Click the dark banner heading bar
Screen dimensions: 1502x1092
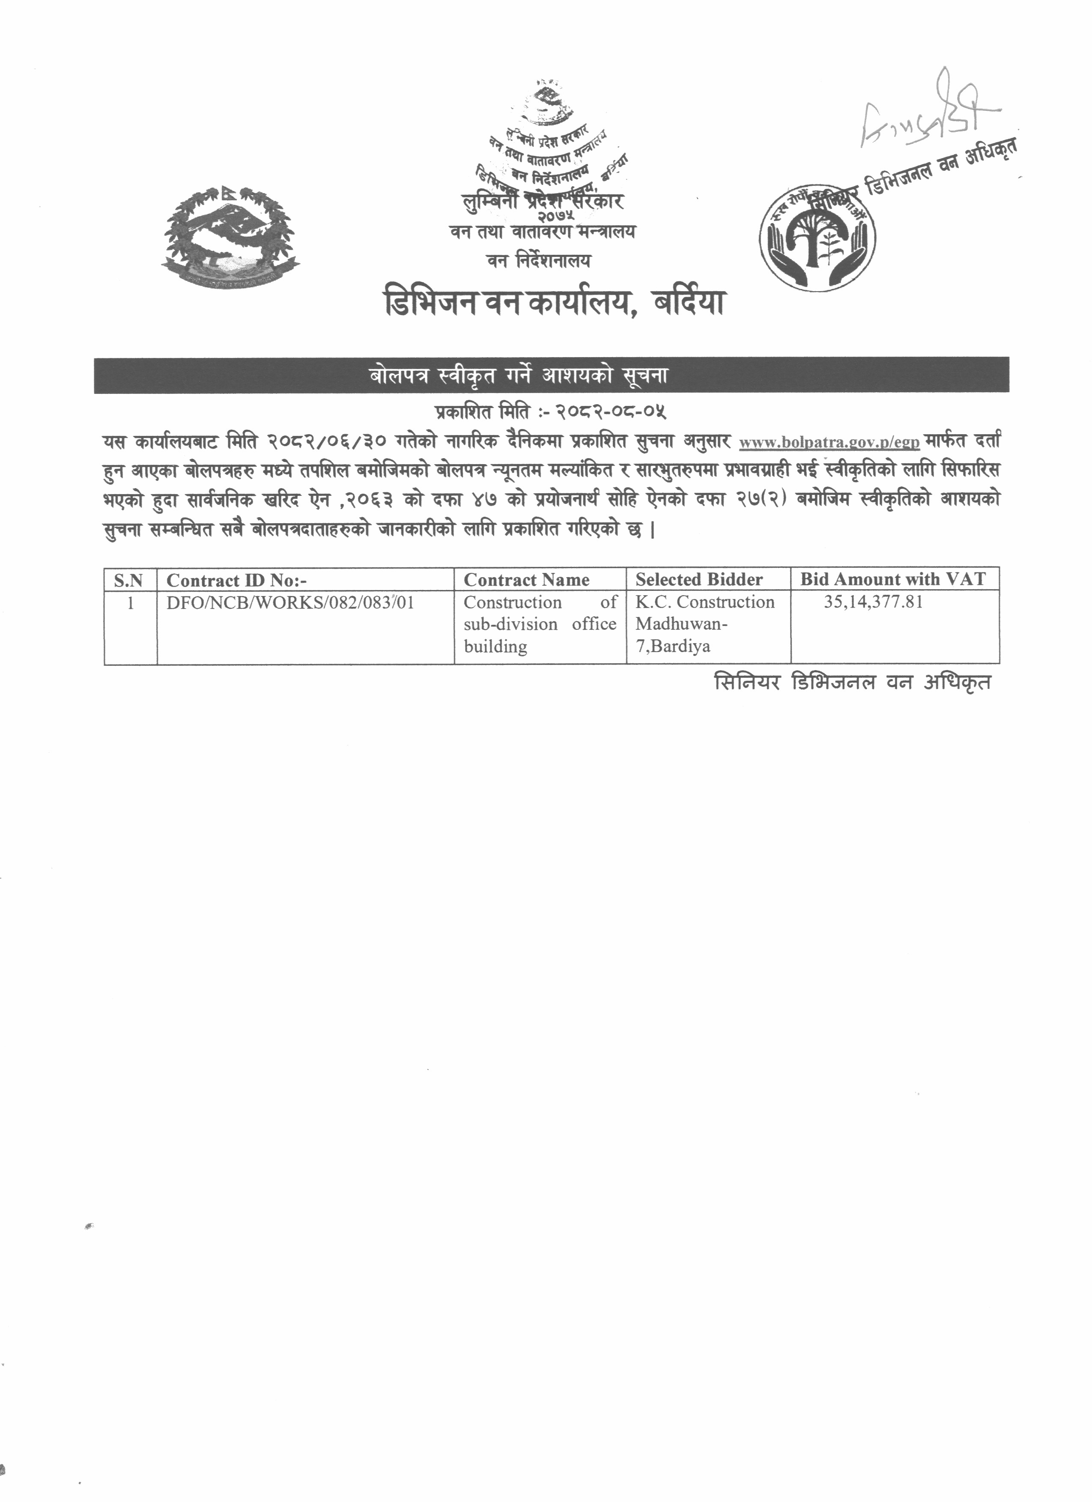551,375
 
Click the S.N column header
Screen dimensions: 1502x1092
129,580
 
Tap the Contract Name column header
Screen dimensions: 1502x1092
526,580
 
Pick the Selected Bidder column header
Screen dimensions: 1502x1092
698,580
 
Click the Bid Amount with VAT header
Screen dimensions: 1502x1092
893,579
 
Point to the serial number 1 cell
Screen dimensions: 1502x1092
131,603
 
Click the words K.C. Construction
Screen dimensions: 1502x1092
704,602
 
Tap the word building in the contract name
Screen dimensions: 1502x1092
495,647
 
